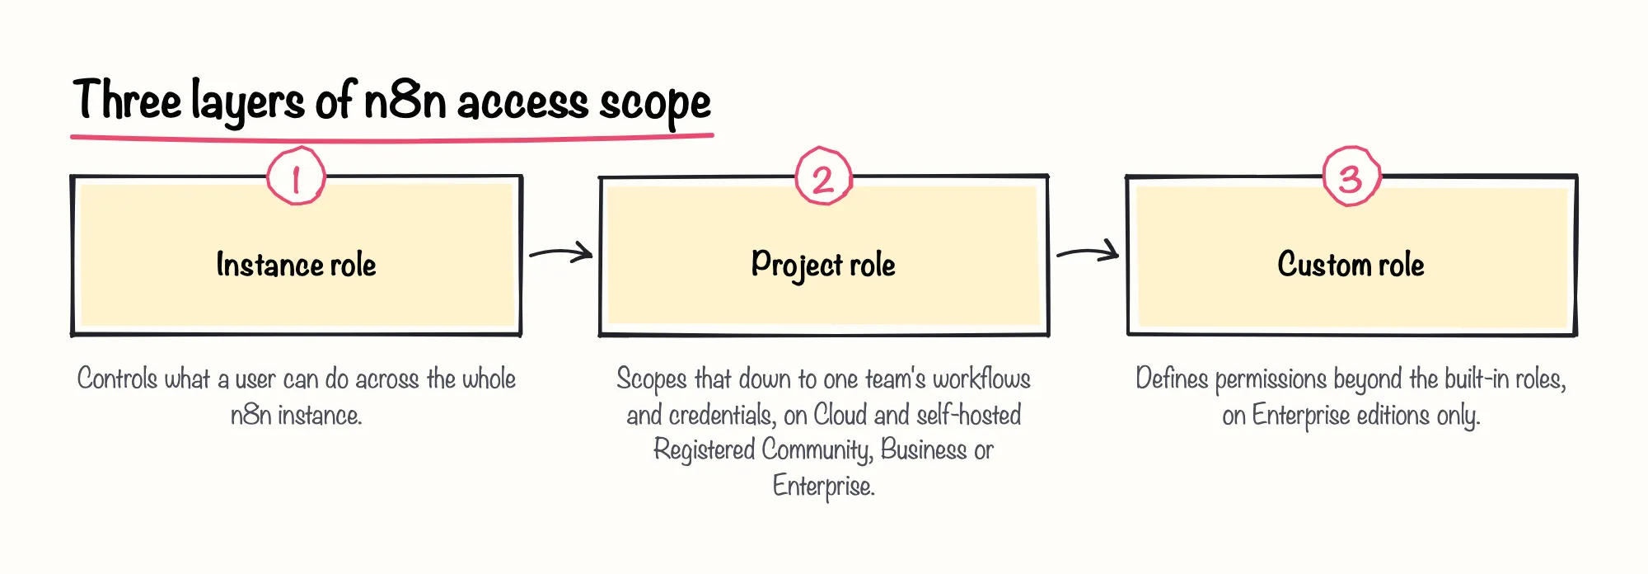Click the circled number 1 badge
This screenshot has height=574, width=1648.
point(297,176)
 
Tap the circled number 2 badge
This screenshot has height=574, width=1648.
point(823,176)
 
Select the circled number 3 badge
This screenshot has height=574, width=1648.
point(1351,176)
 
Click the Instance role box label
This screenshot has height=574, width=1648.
point(296,265)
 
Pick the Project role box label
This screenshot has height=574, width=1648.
point(823,266)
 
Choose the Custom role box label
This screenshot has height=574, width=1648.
point(1351,265)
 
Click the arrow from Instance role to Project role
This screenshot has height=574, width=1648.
point(560,252)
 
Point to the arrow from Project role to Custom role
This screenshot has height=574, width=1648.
point(1088,252)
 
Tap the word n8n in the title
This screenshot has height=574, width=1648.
point(405,101)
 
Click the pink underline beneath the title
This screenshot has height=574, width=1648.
point(392,138)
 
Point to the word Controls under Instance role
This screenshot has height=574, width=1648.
point(117,379)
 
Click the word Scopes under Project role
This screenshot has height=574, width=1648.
point(652,379)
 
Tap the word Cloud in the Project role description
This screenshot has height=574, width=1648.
point(840,415)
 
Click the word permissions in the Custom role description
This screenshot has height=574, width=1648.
point(1271,379)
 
